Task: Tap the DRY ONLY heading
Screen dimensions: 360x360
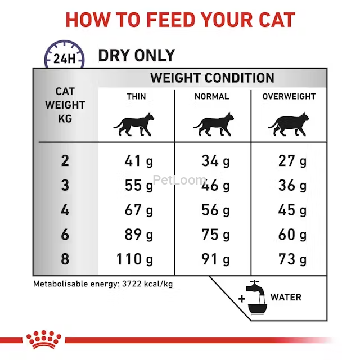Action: [x=137, y=55]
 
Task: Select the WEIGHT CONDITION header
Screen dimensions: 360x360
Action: [x=212, y=78]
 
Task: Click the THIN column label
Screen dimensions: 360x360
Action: [x=136, y=96]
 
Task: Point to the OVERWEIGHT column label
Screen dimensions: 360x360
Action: [x=289, y=96]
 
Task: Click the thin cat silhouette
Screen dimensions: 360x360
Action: [x=134, y=124]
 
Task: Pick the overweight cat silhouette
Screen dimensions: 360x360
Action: [x=289, y=124]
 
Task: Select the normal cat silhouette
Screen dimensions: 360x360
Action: [x=214, y=124]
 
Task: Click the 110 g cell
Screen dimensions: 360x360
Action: [x=134, y=259]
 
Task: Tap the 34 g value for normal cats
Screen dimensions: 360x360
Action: [x=215, y=161]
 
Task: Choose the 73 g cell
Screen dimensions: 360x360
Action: [x=292, y=259]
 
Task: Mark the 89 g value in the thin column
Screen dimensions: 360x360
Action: [x=139, y=235]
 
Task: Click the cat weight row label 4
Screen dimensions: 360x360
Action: [x=65, y=210]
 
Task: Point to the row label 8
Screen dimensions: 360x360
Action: [x=65, y=259]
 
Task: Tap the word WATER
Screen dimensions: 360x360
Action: [x=286, y=298]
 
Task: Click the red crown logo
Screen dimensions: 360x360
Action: [x=44, y=339]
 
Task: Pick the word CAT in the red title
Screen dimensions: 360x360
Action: [x=277, y=20]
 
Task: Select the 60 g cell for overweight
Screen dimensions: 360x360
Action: [x=292, y=235]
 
